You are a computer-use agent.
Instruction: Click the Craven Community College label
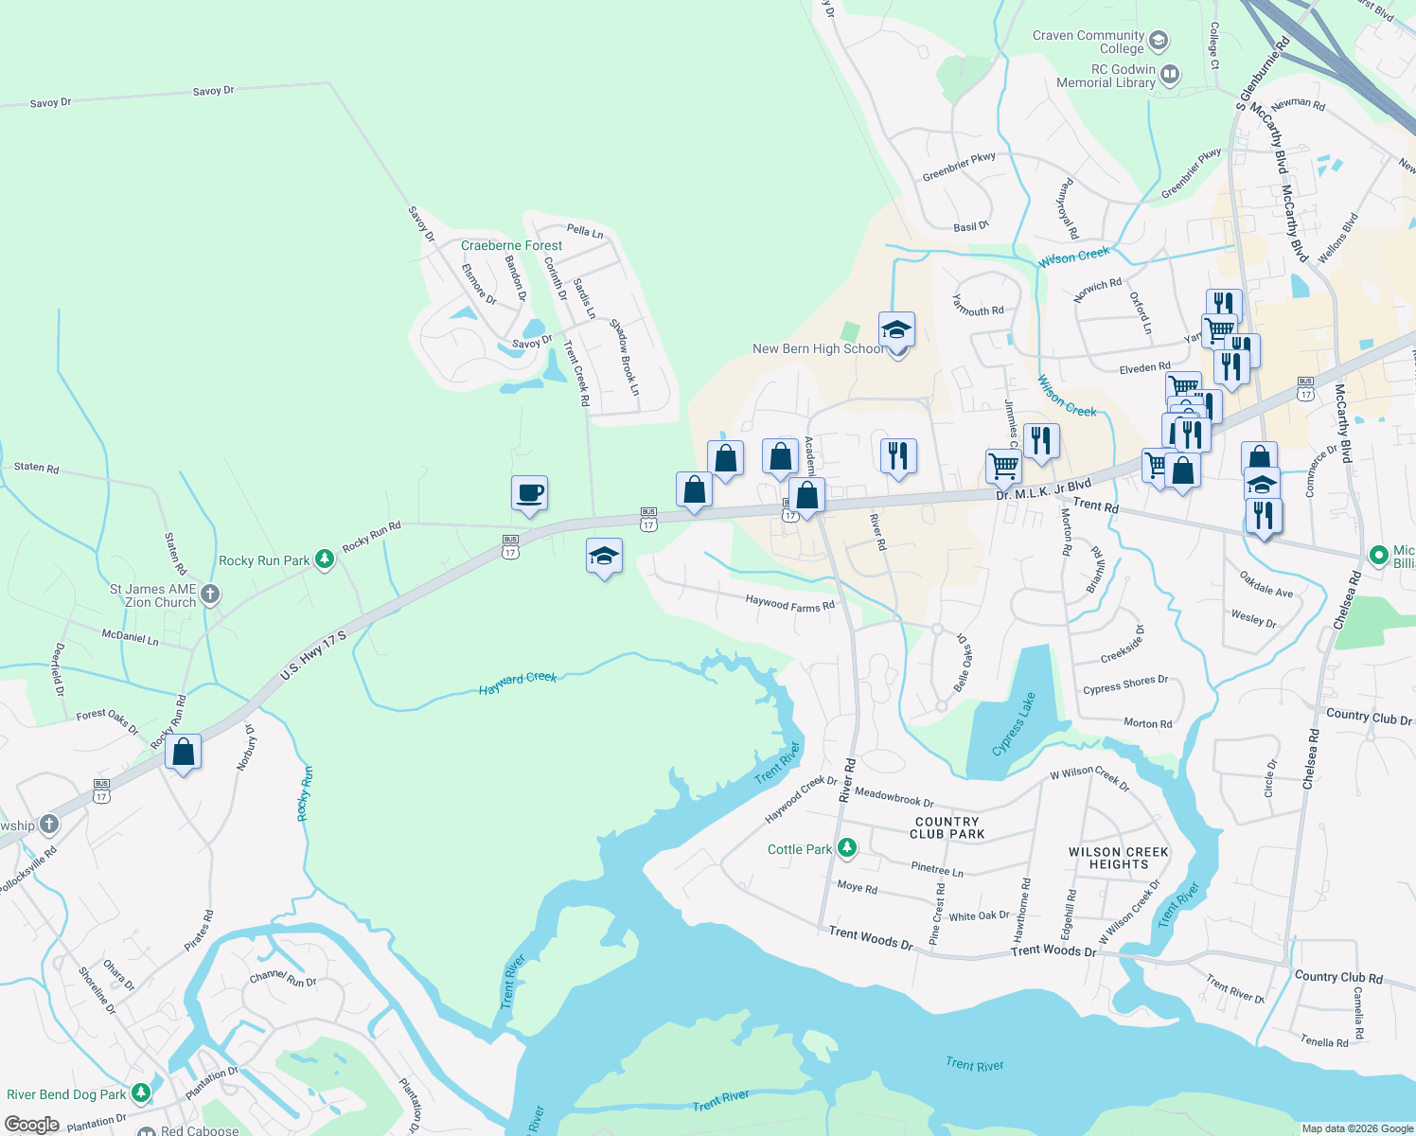pyautogui.click(x=1089, y=42)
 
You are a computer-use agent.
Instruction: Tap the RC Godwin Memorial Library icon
pyautogui.click(x=1170, y=74)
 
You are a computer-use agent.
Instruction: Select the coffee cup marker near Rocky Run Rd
pyautogui.click(x=529, y=493)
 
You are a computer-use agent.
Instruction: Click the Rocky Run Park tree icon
pyautogui.click(x=325, y=559)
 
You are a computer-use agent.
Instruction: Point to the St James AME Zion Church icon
pyautogui.click(x=210, y=595)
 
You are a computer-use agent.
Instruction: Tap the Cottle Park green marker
pyautogui.click(x=847, y=848)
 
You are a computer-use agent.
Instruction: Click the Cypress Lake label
pyautogui.click(x=1014, y=725)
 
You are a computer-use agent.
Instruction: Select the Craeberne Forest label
pyautogui.click(x=511, y=245)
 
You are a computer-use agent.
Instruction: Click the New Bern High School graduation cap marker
pyautogui.click(x=896, y=330)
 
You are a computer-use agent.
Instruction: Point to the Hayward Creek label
pyautogui.click(x=518, y=683)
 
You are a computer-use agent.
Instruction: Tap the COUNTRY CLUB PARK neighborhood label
pyautogui.click(x=947, y=828)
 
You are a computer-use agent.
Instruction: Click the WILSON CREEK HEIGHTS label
pyautogui.click(x=1118, y=858)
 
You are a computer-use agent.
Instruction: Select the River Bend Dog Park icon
pyautogui.click(x=141, y=1093)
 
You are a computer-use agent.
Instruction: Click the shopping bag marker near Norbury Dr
pyautogui.click(x=183, y=753)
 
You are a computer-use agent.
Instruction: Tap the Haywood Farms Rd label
pyautogui.click(x=789, y=603)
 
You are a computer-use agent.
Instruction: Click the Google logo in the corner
pyautogui.click(x=32, y=1124)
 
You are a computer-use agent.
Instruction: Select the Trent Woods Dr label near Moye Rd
pyautogui.click(x=871, y=938)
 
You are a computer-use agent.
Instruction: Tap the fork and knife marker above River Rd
pyautogui.click(x=897, y=456)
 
